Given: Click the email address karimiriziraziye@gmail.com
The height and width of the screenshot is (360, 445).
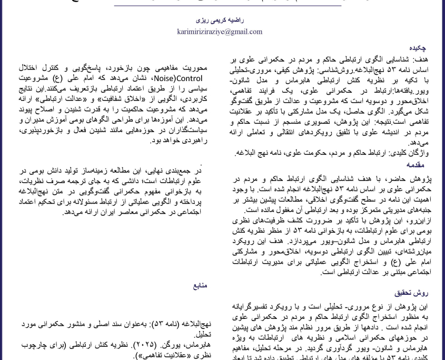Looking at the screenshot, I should click(222, 32).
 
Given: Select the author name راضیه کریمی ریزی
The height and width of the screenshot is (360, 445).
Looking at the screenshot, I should click(222, 20).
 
